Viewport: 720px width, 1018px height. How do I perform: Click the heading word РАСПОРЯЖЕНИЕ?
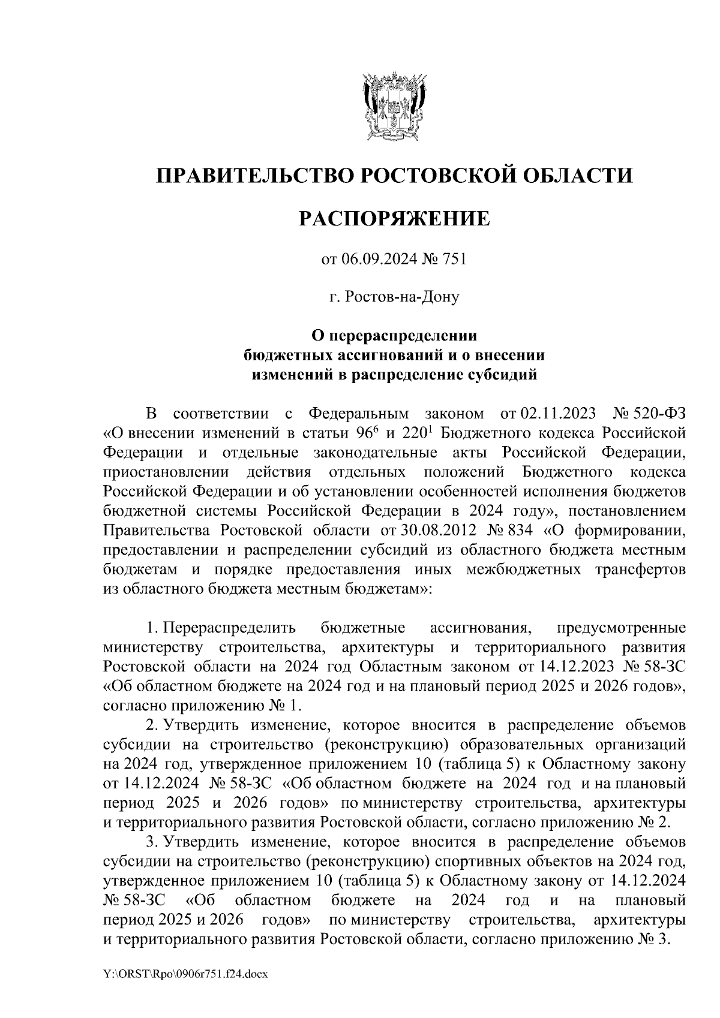coord(394,219)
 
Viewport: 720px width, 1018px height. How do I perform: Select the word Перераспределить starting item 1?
coord(229,628)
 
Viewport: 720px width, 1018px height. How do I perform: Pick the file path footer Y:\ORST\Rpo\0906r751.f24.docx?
coord(185,974)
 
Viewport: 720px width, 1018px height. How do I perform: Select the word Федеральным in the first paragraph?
coord(358,414)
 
